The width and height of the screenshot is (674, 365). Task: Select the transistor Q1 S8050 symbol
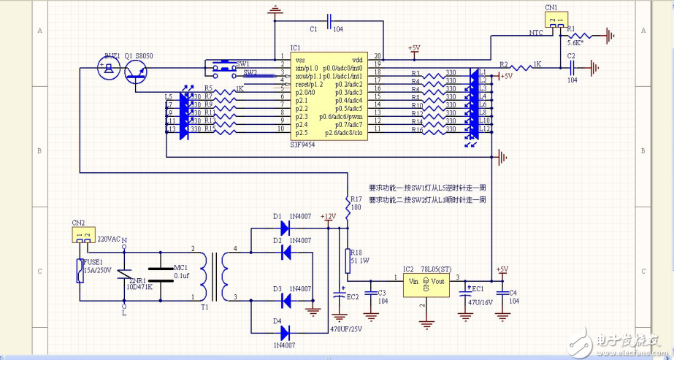[x=137, y=71]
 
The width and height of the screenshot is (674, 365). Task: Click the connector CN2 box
[x=83, y=235]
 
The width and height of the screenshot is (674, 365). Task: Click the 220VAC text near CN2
[x=107, y=239]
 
